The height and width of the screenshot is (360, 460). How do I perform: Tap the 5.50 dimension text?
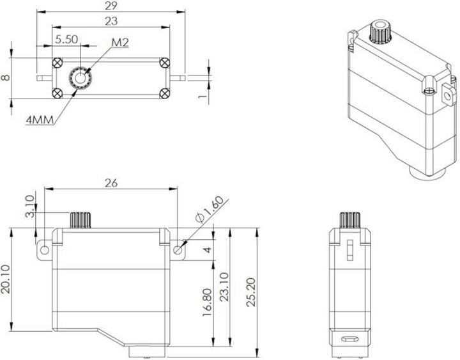pos(66,39)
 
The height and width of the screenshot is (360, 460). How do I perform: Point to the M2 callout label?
pos(119,42)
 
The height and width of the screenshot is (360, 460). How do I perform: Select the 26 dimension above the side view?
pos(111,183)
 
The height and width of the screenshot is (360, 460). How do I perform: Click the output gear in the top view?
pos(80,78)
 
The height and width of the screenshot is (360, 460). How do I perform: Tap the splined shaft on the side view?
pos(80,219)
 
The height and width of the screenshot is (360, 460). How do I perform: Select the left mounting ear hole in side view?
pos(44,249)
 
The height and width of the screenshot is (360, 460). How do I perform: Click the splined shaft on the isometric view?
pos(381,32)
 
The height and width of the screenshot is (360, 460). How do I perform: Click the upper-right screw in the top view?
pos(165,62)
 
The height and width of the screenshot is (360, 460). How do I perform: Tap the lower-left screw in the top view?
pos(59,93)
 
